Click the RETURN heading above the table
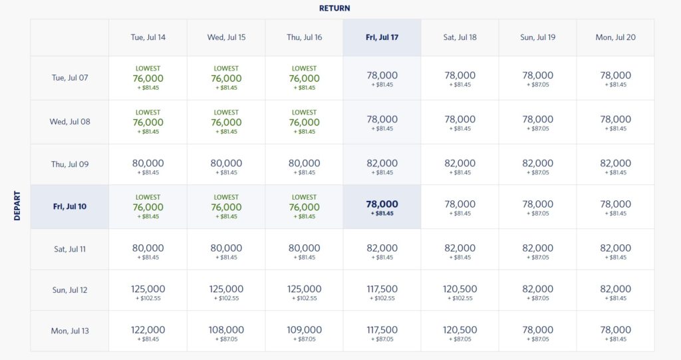335,9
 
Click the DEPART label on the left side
17,206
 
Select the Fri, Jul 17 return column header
382,37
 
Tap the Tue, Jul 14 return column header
148,37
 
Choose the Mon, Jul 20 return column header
615,37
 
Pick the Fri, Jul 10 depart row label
69,206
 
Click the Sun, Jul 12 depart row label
69,290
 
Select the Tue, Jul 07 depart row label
69,78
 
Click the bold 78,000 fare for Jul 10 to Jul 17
382,204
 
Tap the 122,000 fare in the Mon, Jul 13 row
148,330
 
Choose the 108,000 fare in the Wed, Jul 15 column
226,330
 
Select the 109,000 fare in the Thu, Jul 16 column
304,330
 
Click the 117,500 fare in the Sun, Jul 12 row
382,289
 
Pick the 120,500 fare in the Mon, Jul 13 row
460,330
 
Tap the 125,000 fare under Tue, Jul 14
148,289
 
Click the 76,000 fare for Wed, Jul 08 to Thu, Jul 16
304,122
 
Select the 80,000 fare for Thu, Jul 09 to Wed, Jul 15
226,163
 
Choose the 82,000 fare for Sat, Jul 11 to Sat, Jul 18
460,248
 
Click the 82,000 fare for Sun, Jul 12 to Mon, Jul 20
615,289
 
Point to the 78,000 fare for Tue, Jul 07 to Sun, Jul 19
537,76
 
